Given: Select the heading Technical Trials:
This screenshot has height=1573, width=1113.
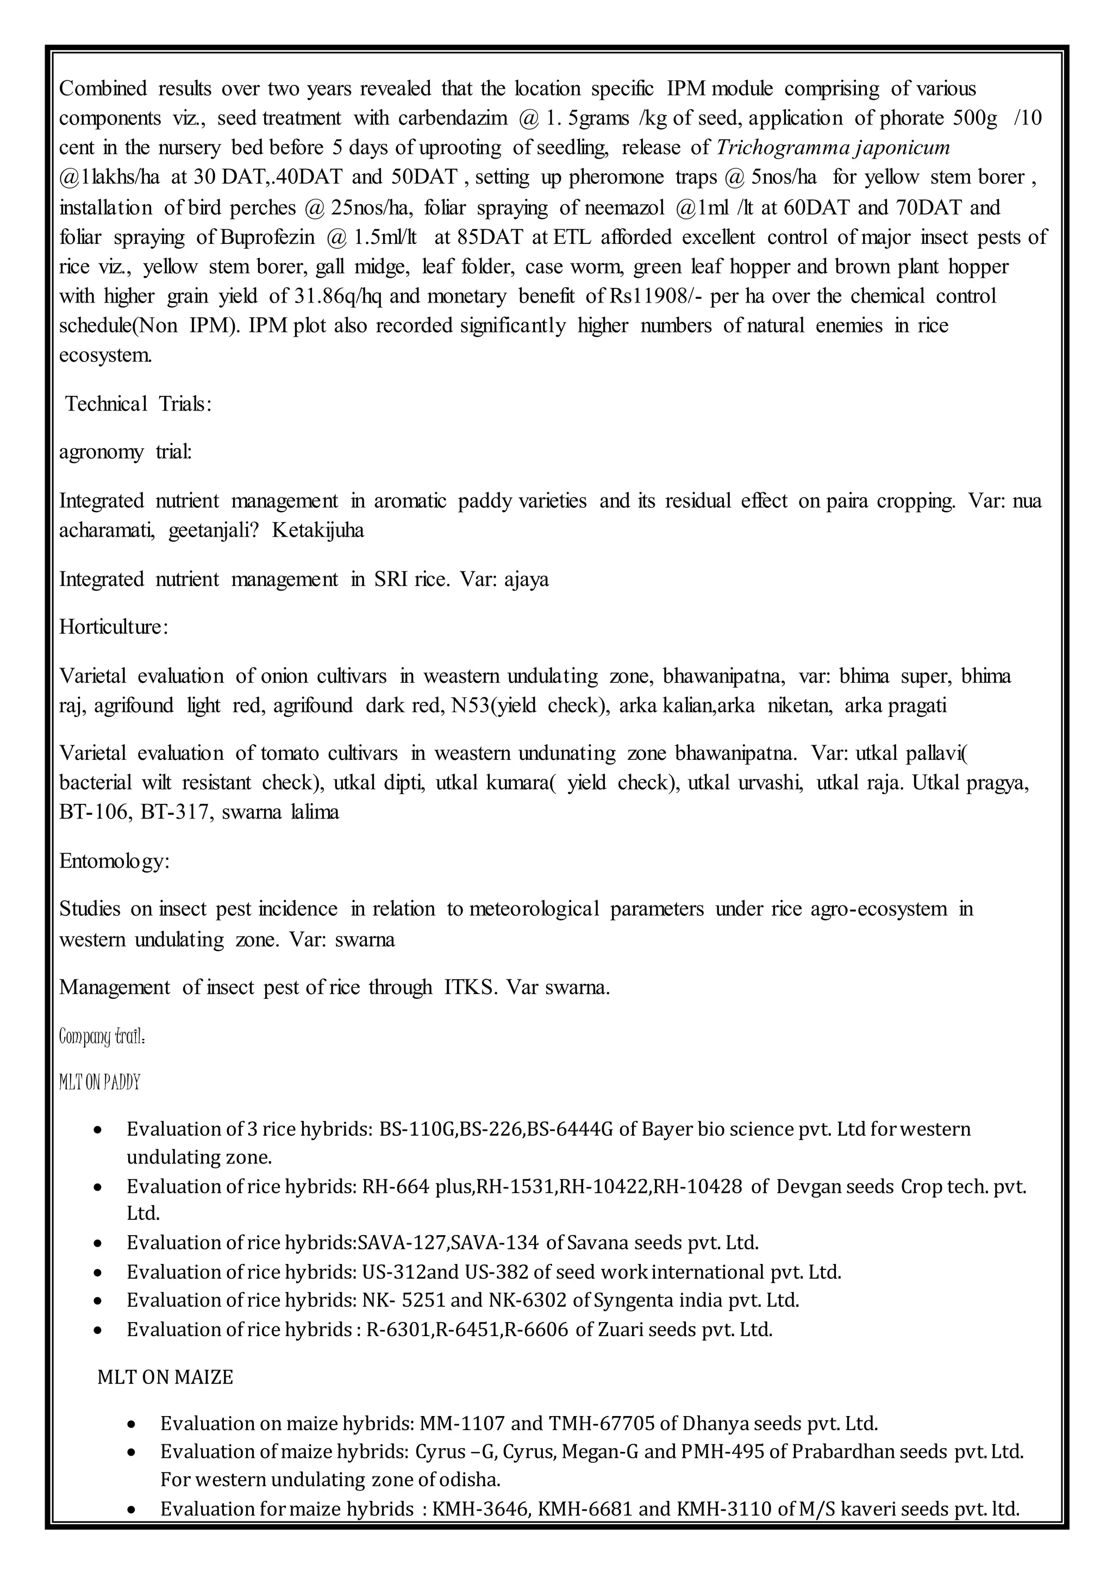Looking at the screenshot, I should [x=137, y=404].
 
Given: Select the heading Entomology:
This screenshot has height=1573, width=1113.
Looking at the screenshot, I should [x=114, y=860].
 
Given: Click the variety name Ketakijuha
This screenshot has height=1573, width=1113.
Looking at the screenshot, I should [x=318, y=530].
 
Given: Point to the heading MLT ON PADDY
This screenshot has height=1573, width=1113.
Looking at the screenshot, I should [x=99, y=1083].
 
